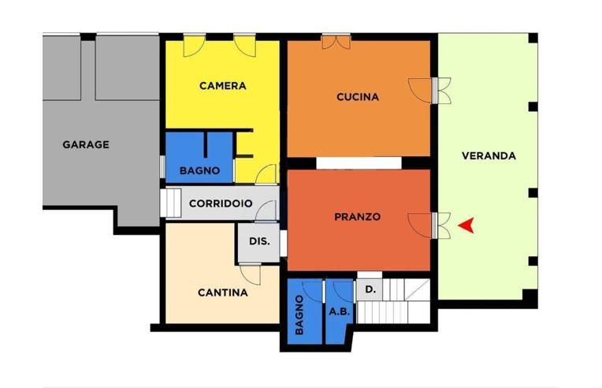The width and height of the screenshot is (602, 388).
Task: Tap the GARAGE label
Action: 86,144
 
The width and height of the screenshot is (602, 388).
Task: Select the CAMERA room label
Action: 222,86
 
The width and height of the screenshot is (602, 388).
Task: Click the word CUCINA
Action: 357,97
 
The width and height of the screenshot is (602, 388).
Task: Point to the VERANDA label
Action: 489,155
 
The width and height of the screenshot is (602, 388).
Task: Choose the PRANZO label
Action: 357,216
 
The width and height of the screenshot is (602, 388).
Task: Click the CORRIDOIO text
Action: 221,203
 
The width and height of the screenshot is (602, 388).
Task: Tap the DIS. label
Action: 259,241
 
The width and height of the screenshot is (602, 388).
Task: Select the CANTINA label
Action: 222,292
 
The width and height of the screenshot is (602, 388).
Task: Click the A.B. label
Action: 340,311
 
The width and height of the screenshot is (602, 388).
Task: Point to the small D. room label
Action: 370,290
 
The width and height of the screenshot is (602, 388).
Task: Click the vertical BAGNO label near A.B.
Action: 299,315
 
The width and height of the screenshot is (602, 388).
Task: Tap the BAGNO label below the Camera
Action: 199,170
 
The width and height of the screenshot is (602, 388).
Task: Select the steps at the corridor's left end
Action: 171,203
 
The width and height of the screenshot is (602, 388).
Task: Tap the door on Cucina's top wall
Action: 336,41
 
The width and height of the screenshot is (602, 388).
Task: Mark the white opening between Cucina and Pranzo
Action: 355,162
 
